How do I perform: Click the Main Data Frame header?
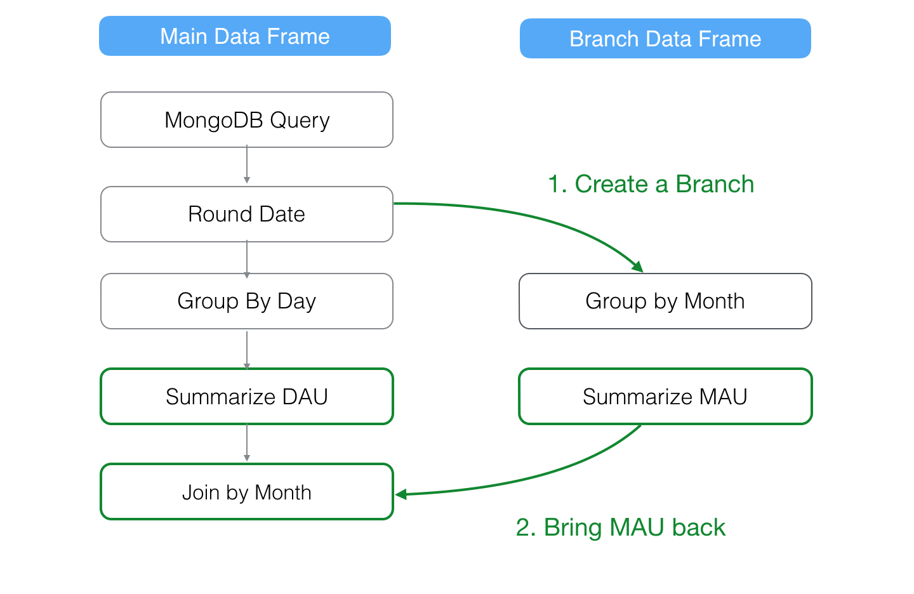[x=245, y=36]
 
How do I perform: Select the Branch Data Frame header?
[x=665, y=39]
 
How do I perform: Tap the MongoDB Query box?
[x=247, y=120]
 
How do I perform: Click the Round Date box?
[x=247, y=214]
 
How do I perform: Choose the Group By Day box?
[x=247, y=301]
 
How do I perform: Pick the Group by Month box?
[x=665, y=301]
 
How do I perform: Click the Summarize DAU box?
[x=247, y=397]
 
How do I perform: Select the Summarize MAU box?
[x=665, y=397]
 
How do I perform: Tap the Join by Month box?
[x=247, y=492]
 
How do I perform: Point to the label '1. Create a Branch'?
[x=651, y=184]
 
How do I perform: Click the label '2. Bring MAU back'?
[x=620, y=527]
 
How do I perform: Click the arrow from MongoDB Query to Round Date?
[x=247, y=166]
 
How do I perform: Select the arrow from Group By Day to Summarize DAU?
[x=247, y=348]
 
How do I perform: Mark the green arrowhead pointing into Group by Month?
[x=638, y=267]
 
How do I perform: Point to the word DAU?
[x=305, y=397]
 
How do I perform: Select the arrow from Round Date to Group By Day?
[x=247, y=258]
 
